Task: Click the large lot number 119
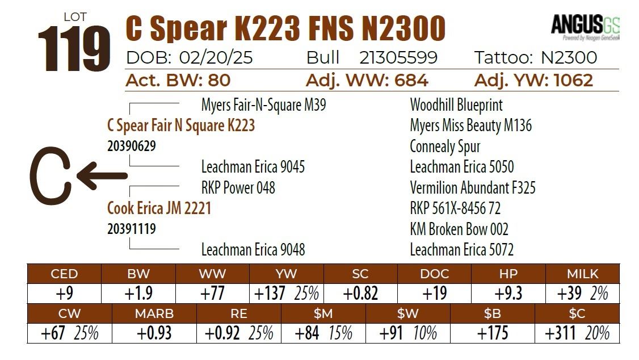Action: click(74, 48)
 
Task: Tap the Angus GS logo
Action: click(585, 27)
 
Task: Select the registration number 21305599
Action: click(398, 58)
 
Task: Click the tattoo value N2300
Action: click(569, 58)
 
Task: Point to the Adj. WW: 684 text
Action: click(367, 80)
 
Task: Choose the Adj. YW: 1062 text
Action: click(533, 80)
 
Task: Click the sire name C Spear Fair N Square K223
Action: click(181, 125)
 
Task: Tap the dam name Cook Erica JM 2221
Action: click(159, 208)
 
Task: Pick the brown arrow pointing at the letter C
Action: click(102, 175)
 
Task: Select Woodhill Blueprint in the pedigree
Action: click(456, 105)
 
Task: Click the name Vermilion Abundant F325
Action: click(473, 187)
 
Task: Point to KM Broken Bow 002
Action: click(459, 229)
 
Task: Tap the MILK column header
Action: click(583, 274)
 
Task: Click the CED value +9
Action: click(64, 294)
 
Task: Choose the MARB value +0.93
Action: click(154, 333)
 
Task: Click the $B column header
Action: click(492, 313)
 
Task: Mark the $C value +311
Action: click(560, 333)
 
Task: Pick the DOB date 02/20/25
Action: click(216, 58)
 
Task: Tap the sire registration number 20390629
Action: click(132, 146)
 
